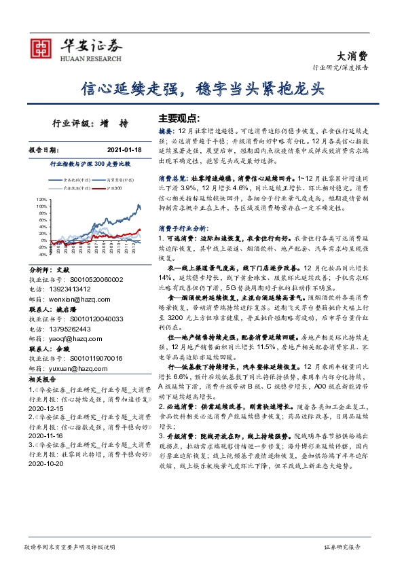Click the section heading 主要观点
pos(175,117)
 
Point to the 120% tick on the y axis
pos(42,199)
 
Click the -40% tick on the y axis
pos(42,255)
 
